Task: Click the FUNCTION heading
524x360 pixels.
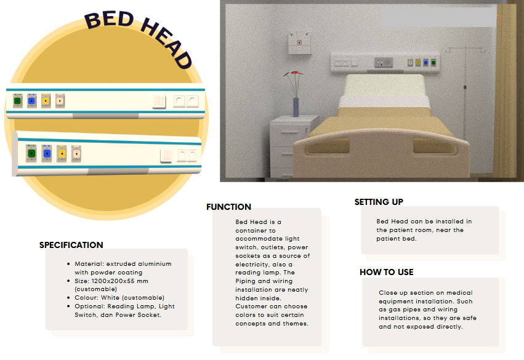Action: click(x=228, y=207)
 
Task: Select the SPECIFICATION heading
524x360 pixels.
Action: click(x=71, y=245)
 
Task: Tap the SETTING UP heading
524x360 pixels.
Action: click(x=379, y=202)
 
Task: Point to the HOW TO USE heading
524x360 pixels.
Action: click(x=387, y=272)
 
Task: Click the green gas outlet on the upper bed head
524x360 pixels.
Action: click(x=18, y=101)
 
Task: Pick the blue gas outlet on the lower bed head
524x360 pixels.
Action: click(x=47, y=154)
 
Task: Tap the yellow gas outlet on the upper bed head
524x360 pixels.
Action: click(x=46, y=101)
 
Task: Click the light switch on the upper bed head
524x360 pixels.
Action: click(x=159, y=102)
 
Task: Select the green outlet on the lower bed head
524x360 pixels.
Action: click(x=31, y=153)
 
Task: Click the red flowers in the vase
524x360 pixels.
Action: click(x=294, y=73)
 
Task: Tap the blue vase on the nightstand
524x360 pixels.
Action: click(x=296, y=107)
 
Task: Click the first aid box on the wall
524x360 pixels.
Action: click(x=299, y=43)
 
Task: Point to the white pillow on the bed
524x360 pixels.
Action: click(x=384, y=86)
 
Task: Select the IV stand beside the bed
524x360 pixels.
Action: click(x=464, y=94)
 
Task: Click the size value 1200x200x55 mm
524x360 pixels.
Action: click(x=119, y=281)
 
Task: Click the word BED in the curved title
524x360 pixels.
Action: click(x=109, y=19)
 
